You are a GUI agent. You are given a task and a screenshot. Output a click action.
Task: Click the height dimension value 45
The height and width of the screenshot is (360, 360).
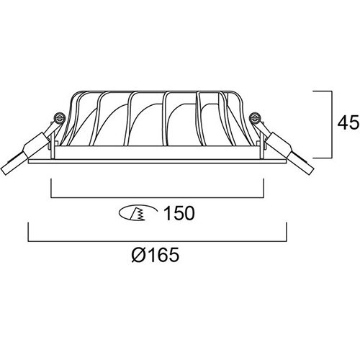click(x=348, y=123)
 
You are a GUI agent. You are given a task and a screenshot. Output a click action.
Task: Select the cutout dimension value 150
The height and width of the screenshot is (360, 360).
click(x=179, y=213)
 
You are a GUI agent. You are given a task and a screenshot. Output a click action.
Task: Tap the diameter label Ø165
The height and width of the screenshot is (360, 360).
click(x=156, y=255)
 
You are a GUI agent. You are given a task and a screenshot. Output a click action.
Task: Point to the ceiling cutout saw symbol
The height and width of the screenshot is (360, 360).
click(x=138, y=213)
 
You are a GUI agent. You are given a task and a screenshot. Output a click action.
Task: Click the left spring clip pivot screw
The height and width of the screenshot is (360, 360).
click(x=59, y=117)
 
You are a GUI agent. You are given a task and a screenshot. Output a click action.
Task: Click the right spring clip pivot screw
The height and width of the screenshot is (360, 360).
click(x=254, y=117)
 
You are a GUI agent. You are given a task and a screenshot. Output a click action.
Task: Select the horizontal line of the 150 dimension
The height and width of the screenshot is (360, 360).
click(x=158, y=198)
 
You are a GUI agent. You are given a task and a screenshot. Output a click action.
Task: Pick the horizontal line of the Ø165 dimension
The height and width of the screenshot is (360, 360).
click(x=158, y=241)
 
